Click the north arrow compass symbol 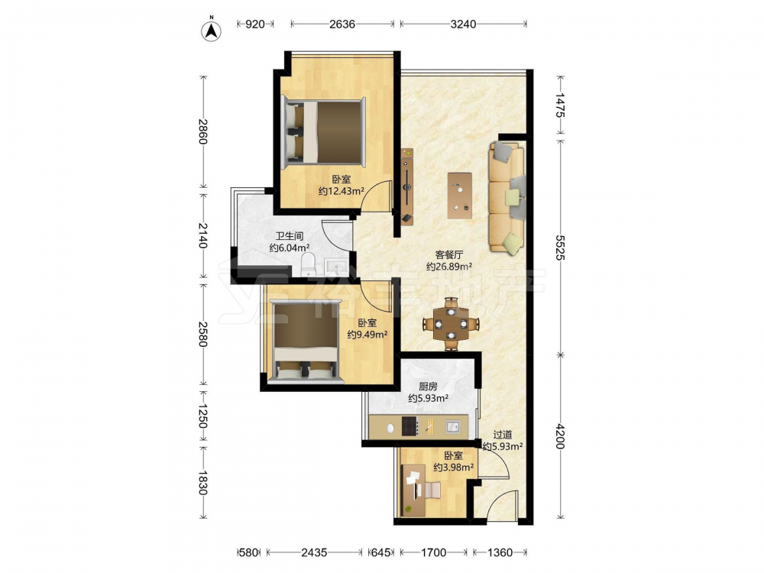[x=211, y=30]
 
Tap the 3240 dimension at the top [x=463, y=24]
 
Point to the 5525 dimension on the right [x=561, y=248]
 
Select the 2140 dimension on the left [x=202, y=235]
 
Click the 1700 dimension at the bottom [x=433, y=552]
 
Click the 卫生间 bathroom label [x=290, y=236]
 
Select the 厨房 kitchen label [x=428, y=387]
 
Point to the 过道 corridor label [x=503, y=435]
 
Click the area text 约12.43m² [x=341, y=192]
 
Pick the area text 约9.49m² [x=367, y=335]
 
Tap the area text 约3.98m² [x=454, y=468]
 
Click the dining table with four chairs [x=452, y=323]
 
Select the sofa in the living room [x=507, y=197]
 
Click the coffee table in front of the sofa [x=460, y=196]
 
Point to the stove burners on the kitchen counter [x=410, y=426]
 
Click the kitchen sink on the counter [x=453, y=427]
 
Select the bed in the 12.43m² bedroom [x=323, y=131]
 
